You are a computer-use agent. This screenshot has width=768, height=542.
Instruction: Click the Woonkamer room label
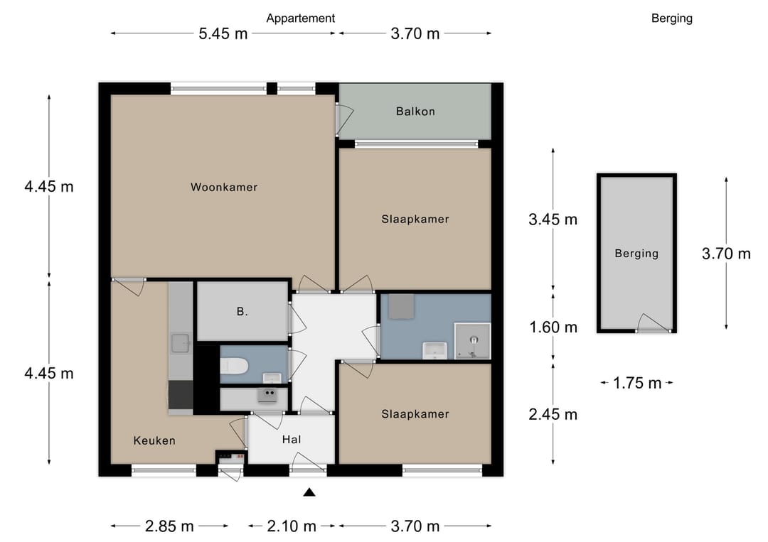pyautogui.click(x=224, y=187)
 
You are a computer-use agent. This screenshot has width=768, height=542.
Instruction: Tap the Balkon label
pyautogui.click(x=415, y=112)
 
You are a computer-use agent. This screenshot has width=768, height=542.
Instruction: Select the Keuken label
pyautogui.click(x=154, y=440)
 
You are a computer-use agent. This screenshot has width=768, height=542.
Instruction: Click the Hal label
pyautogui.click(x=292, y=440)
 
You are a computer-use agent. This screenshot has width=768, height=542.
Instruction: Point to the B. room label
pyautogui.click(x=242, y=312)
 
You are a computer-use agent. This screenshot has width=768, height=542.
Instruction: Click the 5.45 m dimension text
pyautogui.click(x=223, y=34)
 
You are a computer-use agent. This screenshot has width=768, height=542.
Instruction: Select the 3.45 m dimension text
pyautogui.click(x=553, y=219)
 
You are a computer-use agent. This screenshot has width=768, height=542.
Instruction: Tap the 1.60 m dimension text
pyautogui.click(x=553, y=327)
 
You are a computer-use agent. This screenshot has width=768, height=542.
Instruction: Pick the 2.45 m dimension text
pyautogui.click(x=553, y=414)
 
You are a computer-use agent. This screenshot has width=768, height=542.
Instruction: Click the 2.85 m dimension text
pyautogui.click(x=169, y=526)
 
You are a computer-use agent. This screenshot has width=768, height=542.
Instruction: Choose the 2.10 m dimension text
pyautogui.click(x=292, y=526)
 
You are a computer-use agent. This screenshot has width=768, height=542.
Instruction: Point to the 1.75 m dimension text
pyautogui.click(x=637, y=383)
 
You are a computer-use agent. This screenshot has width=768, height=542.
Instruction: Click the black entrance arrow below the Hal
pyautogui.click(x=309, y=492)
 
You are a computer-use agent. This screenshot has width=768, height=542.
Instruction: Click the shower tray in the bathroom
pyautogui.click(x=472, y=341)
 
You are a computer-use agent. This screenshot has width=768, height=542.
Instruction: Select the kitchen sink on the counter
pyautogui.click(x=181, y=343)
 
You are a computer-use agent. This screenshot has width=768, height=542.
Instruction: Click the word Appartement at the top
pyautogui.click(x=300, y=18)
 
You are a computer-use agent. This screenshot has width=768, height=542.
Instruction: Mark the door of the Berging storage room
pyautogui.click(x=654, y=323)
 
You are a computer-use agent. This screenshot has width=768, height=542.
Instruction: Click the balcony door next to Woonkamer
pyautogui.click(x=344, y=119)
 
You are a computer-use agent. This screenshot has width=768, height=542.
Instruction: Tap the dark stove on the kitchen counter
pyautogui.click(x=181, y=395)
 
